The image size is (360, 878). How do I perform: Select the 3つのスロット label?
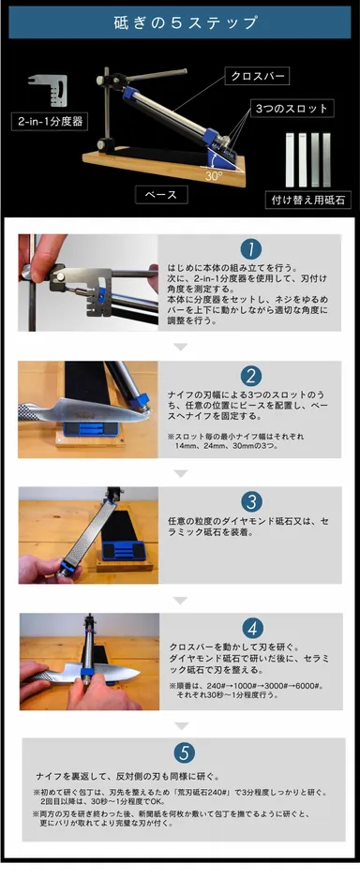(x=291, y=109)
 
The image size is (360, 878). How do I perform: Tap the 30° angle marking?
(x=214, y=173)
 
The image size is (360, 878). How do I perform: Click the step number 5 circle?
(x=183, y=752)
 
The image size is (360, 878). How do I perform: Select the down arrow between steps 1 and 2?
(x=181, y=346)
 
